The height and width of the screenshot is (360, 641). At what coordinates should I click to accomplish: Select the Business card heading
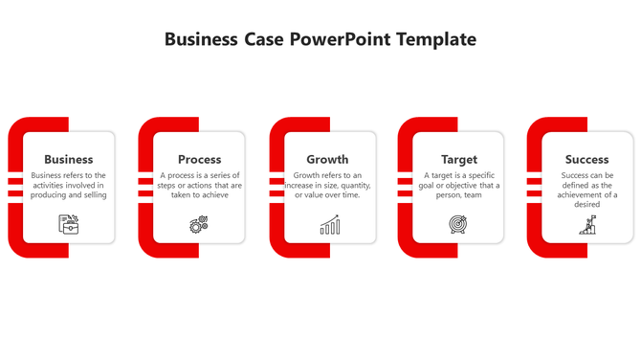tap(69, 159)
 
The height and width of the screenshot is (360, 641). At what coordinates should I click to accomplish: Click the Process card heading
tap(200, 159)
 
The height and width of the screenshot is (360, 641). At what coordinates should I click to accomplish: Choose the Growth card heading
tap(327, 159)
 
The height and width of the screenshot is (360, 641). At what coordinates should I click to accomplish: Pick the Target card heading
tap(459, 159)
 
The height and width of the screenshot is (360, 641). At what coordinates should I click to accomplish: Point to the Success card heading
tap(586, 159)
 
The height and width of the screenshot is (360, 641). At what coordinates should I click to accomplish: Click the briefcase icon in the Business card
tap(69, 224)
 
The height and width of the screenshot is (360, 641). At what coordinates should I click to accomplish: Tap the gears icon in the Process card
tap(199, 225)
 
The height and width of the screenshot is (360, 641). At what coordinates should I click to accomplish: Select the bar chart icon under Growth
tap(329, 225)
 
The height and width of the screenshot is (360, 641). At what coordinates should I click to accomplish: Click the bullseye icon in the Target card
tap(458, 225)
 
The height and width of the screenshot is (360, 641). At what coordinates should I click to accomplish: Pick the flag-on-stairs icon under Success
tap(587, 225)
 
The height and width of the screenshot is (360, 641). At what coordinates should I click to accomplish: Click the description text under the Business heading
tap(69, 185)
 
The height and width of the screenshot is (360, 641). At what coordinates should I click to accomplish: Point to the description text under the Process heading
tap(200, 185)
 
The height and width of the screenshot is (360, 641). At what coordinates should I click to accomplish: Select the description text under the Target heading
tap(459, 185)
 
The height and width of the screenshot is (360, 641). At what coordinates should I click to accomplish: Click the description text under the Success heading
tap(586, 190)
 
